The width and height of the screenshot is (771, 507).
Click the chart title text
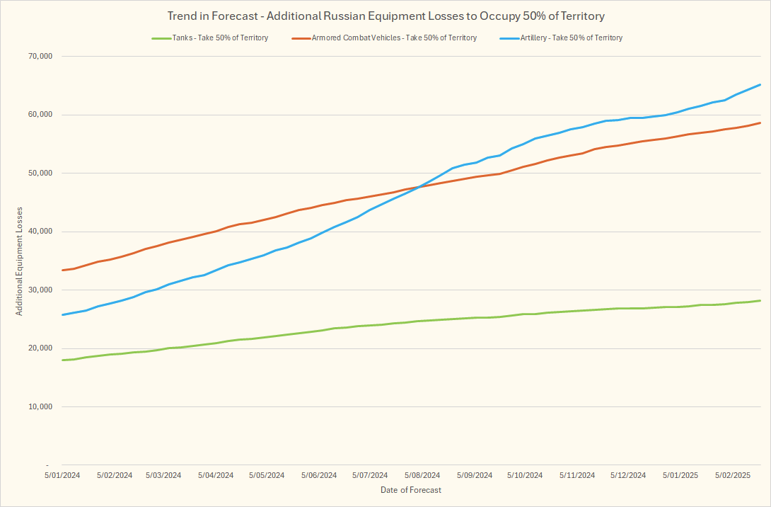(x=385, y=16)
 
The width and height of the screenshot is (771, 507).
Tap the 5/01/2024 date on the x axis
(x=63, y=475)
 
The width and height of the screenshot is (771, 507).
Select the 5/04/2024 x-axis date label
(x=216, y=475)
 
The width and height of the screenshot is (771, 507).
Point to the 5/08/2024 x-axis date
(x=422, y=475)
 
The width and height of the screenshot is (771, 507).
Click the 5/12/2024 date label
(x=628, y=475)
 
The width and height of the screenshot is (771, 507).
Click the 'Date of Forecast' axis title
(x=410, y=490)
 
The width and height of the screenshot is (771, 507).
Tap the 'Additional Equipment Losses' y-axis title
(x=21, y=261)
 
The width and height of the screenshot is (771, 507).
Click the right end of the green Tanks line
(x=760, y=300)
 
